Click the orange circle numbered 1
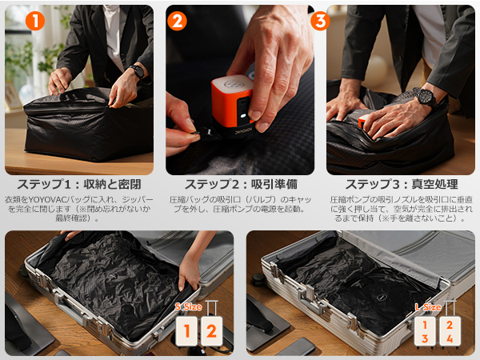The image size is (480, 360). coord(34,22)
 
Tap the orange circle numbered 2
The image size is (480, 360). coord(178,21)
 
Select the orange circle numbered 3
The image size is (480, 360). coord(320,22)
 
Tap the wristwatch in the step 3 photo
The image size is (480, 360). coord(425,98)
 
